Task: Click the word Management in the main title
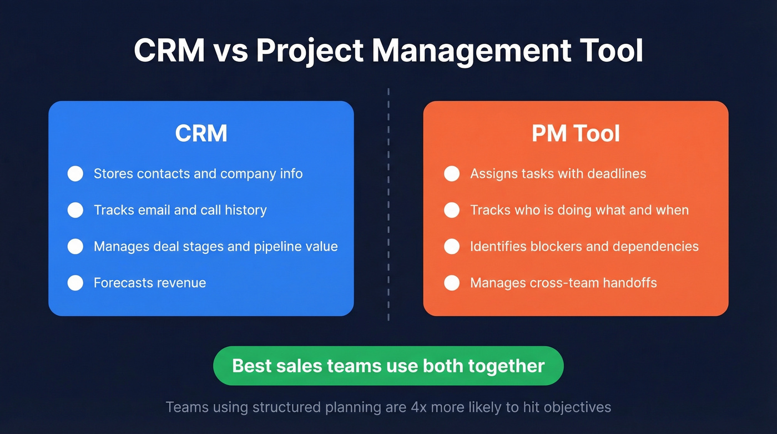[x=471, y=51]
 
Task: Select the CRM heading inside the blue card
[x=201, y=134]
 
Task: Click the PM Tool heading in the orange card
[x=576, y=134]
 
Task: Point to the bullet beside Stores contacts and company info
[x=75, y=173]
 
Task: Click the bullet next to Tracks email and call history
[x=75, y=210]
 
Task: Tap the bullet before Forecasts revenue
[x=75, y=283]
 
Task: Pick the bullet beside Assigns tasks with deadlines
[x=452, y=173]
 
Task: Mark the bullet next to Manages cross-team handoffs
[x=452, y=283]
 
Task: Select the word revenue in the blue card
[x=181, y=283]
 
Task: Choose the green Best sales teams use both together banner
[x=389, y=366]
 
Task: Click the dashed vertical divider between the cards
[x=389, y=206]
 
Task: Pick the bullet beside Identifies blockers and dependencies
[x=452, y=246]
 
